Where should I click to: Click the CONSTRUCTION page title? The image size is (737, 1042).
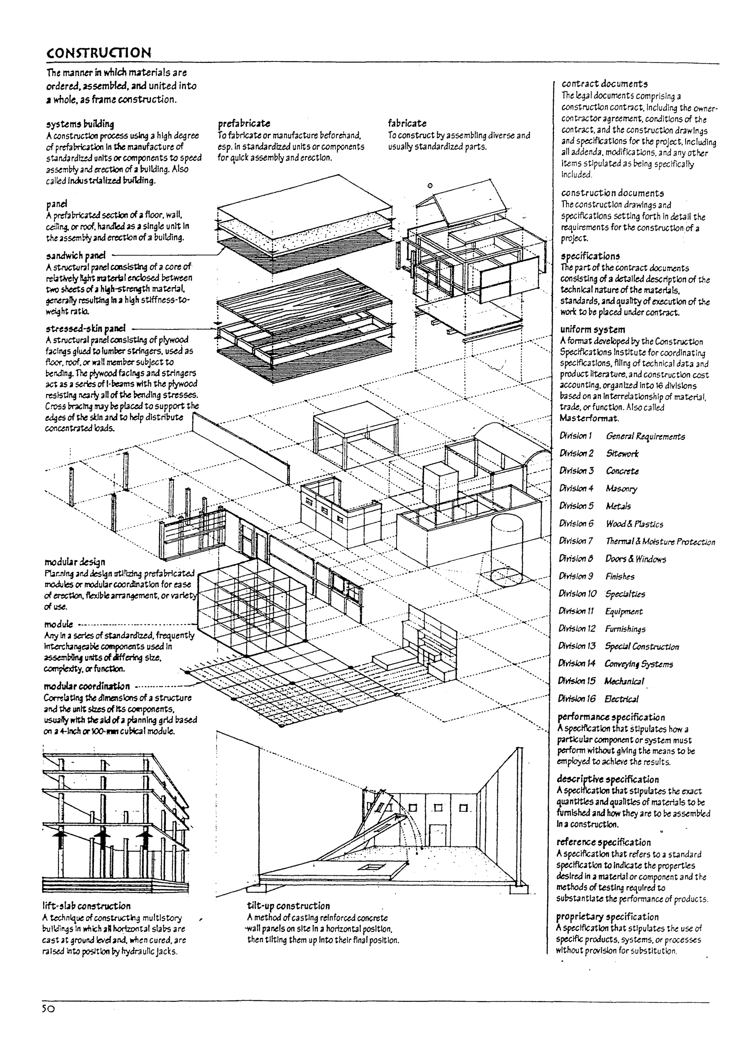(x=99, y=52)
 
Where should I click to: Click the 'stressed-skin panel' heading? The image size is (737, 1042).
(x=85, y=328)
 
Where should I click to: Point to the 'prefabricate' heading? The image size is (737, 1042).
(x=244, y=123)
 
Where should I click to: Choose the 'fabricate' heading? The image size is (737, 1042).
(x=407, y=123)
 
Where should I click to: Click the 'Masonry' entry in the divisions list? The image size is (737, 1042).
(x=621, y=488)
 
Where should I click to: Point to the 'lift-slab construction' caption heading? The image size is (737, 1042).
(x=86, y=906)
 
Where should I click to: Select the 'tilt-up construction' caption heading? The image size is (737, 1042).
(x=288, y=906)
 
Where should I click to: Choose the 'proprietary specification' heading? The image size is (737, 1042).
(x=607, y=916)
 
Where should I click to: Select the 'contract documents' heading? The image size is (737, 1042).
(x=605, y=84)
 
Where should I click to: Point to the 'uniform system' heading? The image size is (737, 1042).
(x=592, y=329)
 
